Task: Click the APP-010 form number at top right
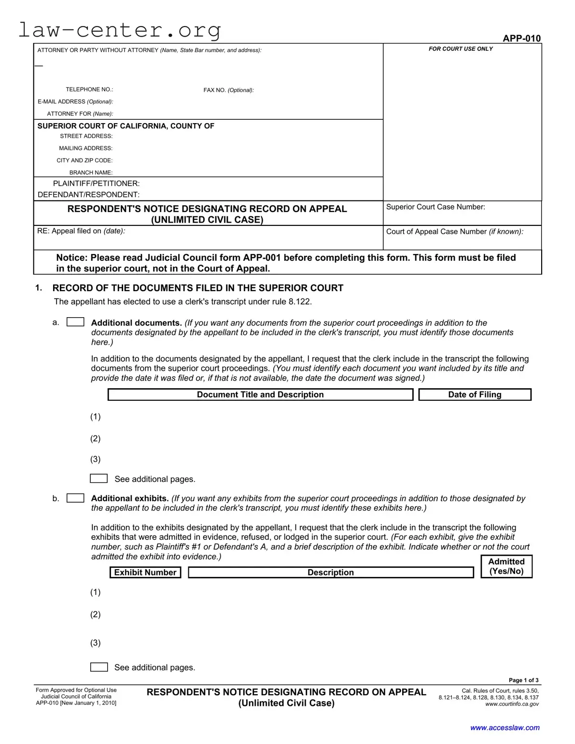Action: (521, 38)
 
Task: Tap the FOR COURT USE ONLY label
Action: (461, 49)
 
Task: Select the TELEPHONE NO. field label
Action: (89, 89)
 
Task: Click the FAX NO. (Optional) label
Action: (228, 90)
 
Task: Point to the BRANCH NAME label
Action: (91, 172)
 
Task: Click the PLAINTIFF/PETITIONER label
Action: (96, 183)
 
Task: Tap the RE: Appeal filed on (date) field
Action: (208, 237)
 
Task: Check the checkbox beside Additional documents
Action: (75, 322)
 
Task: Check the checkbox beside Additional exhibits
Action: (75, 498)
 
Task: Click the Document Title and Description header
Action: (260, 394)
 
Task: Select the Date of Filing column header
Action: (475, 394)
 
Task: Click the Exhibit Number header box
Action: (145, 572)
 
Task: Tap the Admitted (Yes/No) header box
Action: (506, 566)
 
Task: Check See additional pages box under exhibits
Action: (99, 667)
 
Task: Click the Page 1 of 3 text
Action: (523, 680)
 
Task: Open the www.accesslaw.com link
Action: (505, 728)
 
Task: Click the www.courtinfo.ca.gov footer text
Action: (512, 704)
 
